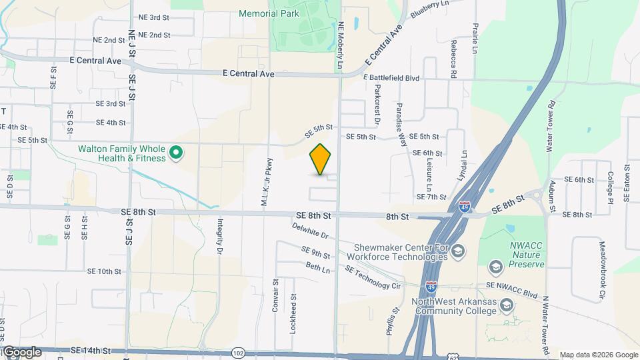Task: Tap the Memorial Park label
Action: [268, 13]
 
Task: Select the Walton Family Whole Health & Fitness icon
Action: [176, 153]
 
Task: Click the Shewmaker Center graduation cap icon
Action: [457, 251]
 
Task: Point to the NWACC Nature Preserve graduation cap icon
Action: [495, 267]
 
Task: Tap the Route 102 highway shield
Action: [238, 352]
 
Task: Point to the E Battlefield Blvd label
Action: [391, 78]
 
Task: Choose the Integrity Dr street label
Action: [220, 237]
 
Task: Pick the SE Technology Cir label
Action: [372, 277]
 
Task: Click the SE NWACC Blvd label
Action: [512, 289]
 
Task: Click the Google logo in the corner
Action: [22, 352]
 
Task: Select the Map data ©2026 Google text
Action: [599, 355]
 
